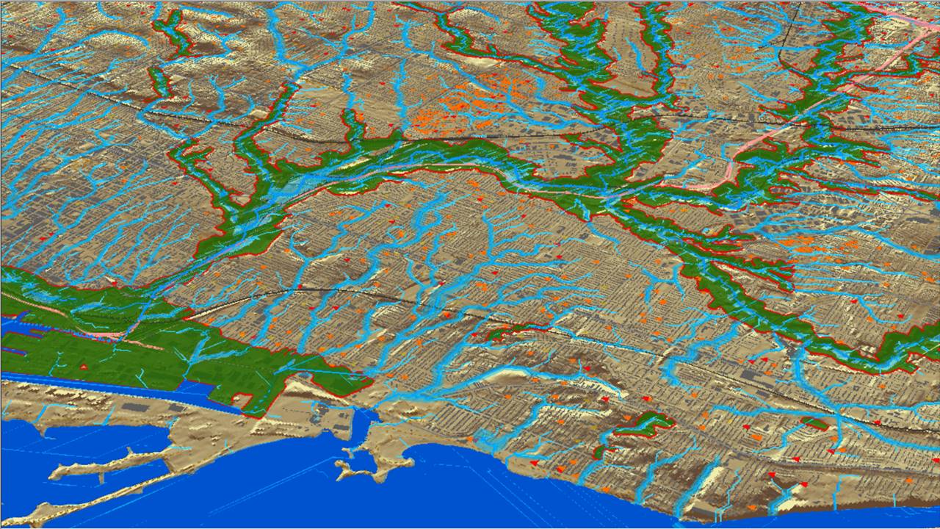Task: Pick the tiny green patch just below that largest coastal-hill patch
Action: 602,450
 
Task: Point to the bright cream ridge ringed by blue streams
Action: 507,376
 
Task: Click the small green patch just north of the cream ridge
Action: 507,333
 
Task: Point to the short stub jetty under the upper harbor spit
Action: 101,478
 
